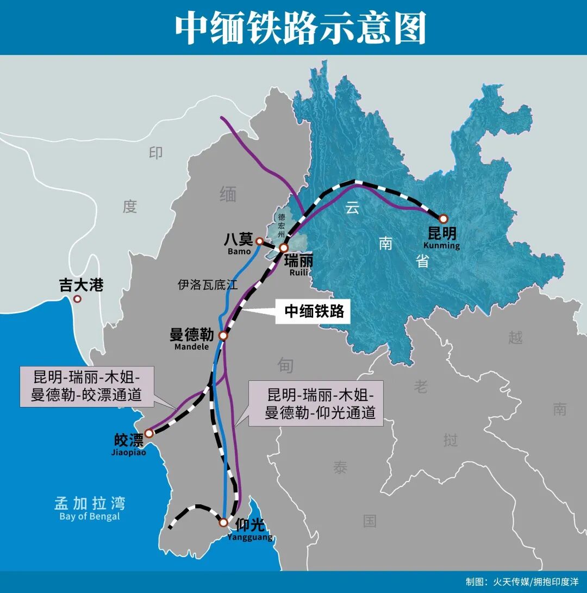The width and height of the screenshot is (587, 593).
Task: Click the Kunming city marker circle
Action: click(443, 219)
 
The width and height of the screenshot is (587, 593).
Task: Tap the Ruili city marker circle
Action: click(283, 248)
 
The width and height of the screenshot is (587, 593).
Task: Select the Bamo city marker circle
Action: click(260, 241)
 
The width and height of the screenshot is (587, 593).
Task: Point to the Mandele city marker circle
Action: click(223, 335)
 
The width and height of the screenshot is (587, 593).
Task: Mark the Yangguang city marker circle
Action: click(223, 522)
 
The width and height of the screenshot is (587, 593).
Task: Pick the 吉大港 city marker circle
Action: click(78, 299)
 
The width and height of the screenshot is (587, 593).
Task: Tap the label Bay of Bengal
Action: click(90, 516)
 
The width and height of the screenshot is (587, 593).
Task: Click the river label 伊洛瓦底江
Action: click(208, 285)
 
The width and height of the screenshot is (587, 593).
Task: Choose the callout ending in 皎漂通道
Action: click(86, 386)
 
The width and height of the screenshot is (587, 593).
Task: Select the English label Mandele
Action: click(191, 347)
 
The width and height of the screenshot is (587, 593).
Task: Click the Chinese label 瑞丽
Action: click(298, 261)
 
